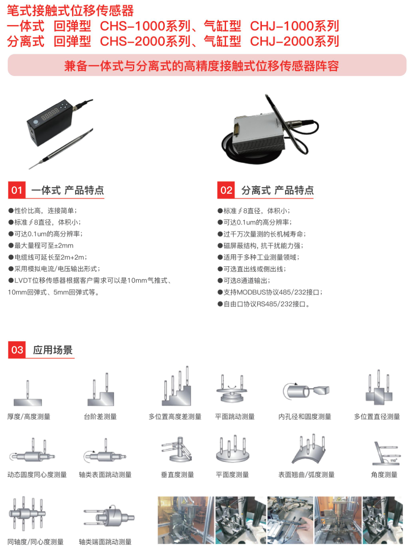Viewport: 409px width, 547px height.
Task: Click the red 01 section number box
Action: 17,190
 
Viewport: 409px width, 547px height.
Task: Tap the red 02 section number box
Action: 226,190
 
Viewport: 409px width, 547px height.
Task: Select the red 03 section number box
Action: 17,350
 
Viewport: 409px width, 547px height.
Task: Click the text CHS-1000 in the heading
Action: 133,26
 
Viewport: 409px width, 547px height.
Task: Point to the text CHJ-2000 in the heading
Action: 282,41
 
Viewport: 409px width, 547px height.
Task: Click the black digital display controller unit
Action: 50,121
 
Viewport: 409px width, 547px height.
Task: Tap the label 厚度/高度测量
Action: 29,417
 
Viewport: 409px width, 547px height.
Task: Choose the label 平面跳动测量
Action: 235,417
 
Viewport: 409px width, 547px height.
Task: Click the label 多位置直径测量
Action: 377,417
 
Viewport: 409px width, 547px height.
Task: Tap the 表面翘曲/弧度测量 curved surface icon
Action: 309,449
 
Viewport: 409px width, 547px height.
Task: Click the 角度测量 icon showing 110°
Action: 386,453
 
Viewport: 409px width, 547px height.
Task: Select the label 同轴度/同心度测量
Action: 35,541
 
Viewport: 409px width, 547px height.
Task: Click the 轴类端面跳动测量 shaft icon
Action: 109,517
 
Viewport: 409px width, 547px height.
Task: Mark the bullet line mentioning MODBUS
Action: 270,292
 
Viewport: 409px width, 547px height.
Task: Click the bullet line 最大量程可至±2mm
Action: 41,245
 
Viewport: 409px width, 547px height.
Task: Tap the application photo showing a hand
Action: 291,520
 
